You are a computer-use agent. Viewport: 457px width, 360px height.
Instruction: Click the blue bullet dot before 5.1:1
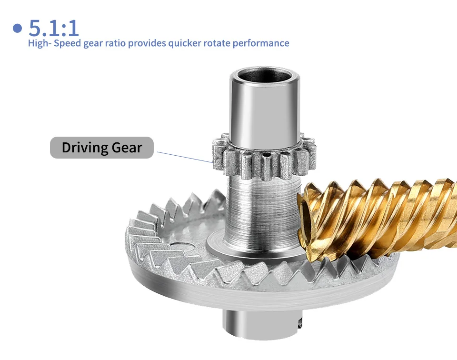pos(18,28)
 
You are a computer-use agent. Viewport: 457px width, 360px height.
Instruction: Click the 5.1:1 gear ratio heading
pos(54,28)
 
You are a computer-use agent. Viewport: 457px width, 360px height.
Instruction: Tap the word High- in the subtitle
pos(40,43)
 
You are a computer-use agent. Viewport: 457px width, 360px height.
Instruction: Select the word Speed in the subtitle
pos(67,43)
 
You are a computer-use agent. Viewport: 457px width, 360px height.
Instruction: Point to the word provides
pos(147,43)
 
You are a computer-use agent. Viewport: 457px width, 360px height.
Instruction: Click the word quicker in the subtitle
pos(185,43)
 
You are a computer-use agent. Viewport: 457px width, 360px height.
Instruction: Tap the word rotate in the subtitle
pos(217,43)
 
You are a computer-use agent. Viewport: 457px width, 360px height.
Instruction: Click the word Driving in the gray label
pos(85,148)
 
